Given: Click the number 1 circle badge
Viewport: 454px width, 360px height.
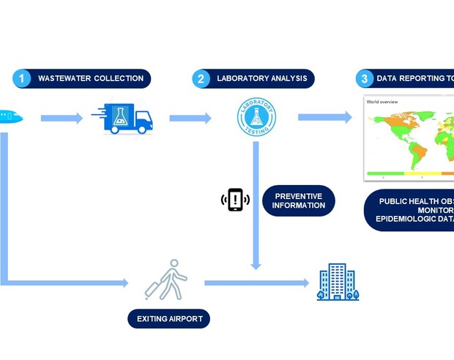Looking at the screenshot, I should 22,78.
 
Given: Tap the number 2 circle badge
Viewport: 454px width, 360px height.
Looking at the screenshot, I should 201,78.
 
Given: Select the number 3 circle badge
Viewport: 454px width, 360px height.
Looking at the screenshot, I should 365,78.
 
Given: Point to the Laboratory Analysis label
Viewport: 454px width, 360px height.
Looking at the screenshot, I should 262,78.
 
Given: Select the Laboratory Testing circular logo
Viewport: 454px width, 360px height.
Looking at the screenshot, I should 257,118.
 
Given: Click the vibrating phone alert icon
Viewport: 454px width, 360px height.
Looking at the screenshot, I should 235,199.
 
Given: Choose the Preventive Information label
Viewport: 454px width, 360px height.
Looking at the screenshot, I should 299,200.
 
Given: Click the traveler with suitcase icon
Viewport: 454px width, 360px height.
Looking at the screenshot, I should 167,280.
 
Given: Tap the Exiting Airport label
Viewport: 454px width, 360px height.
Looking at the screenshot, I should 169,319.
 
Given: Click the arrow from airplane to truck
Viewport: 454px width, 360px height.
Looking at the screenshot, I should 62,118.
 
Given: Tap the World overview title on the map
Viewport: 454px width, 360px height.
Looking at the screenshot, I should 382,102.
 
